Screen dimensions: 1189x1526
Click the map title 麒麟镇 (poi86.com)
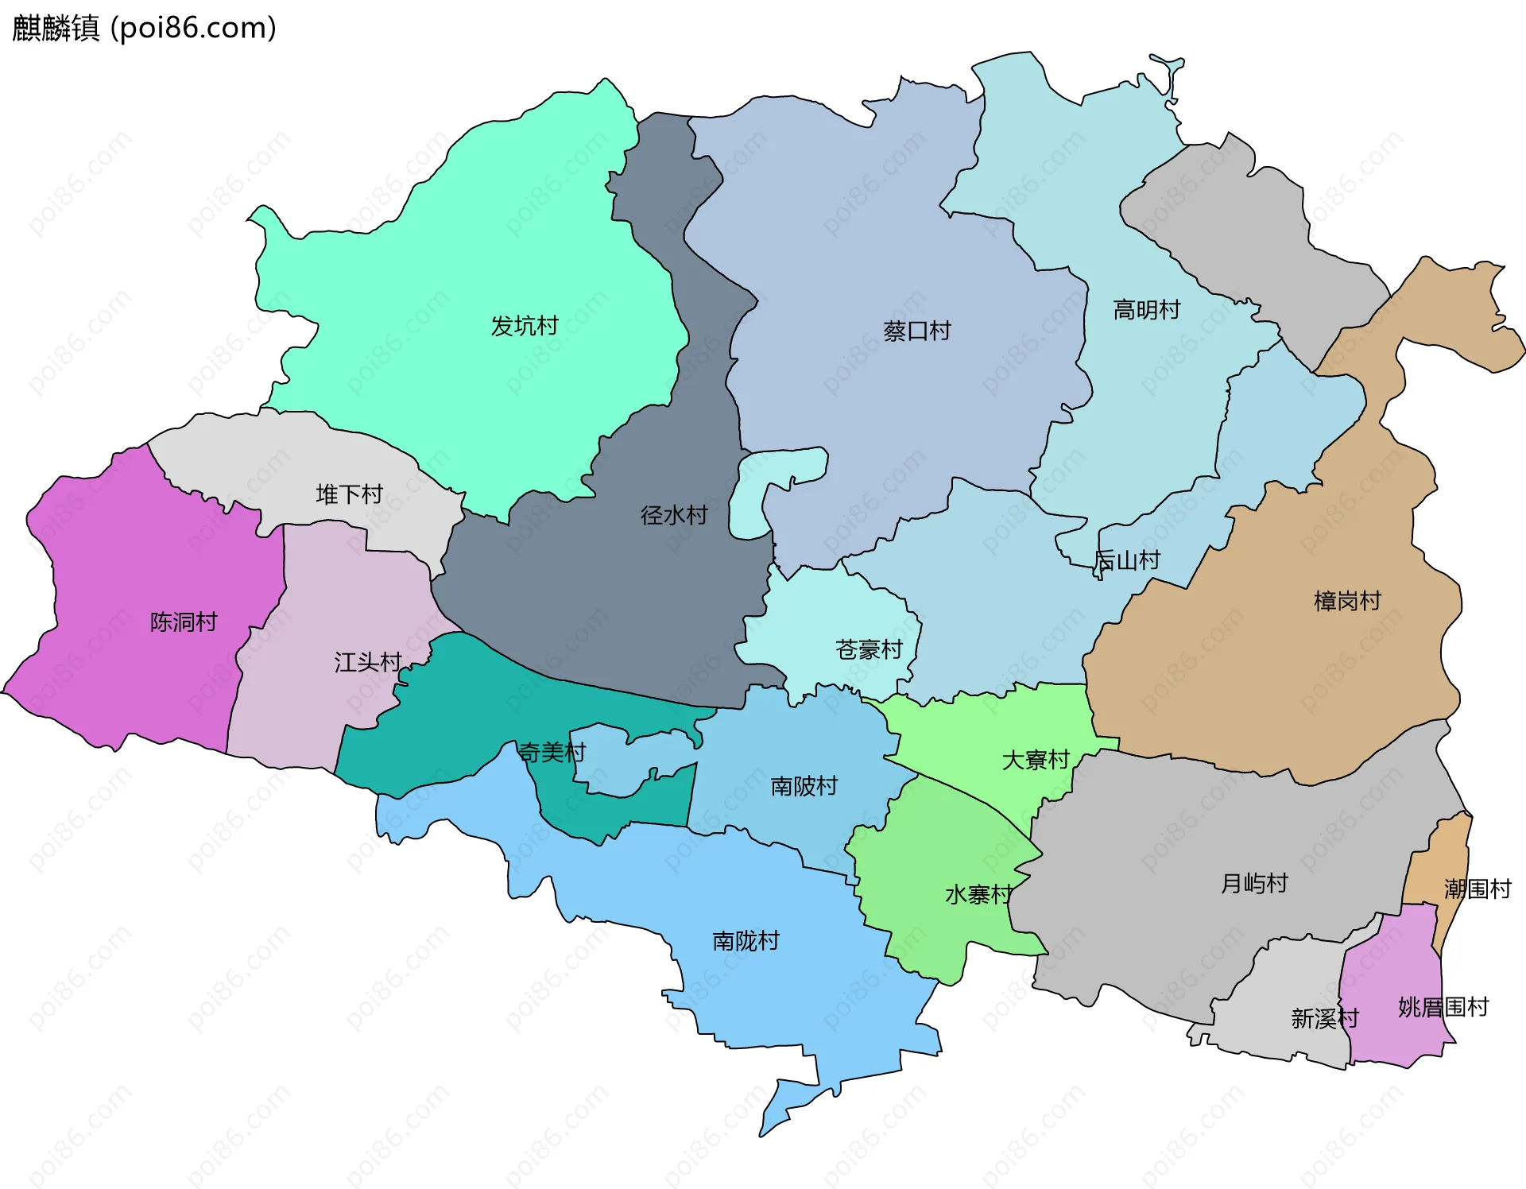(144, 28)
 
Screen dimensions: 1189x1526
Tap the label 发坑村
(525, 326)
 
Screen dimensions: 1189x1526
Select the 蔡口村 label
(917, 331)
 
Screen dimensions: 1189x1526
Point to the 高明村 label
(1146, 310)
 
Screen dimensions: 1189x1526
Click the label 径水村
(674, 515)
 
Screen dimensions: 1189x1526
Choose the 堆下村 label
(350, 494)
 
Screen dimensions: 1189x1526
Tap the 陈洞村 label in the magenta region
(184, 622)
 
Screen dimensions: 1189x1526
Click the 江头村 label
(368, 662)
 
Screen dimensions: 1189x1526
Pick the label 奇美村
(552, 752)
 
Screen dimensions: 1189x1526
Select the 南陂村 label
(804, 786)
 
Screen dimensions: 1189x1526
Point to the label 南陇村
(746, 941)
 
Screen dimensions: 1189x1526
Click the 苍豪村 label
(869, 649)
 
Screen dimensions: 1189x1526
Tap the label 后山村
(1127, 560)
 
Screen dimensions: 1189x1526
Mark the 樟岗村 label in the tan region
(1347, 601)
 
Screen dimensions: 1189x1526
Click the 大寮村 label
(1036, 760)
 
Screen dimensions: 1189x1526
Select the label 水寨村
(978, 895)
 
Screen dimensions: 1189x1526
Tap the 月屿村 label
(1254, 883)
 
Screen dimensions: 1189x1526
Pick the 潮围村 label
(1478, 889)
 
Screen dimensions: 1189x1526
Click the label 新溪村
(1325, 1018)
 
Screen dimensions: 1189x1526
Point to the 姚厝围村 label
(1443, 1007)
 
